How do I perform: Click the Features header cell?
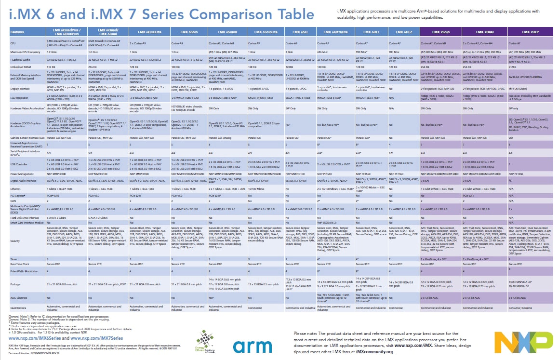17,32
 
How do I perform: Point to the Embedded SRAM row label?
22,67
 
